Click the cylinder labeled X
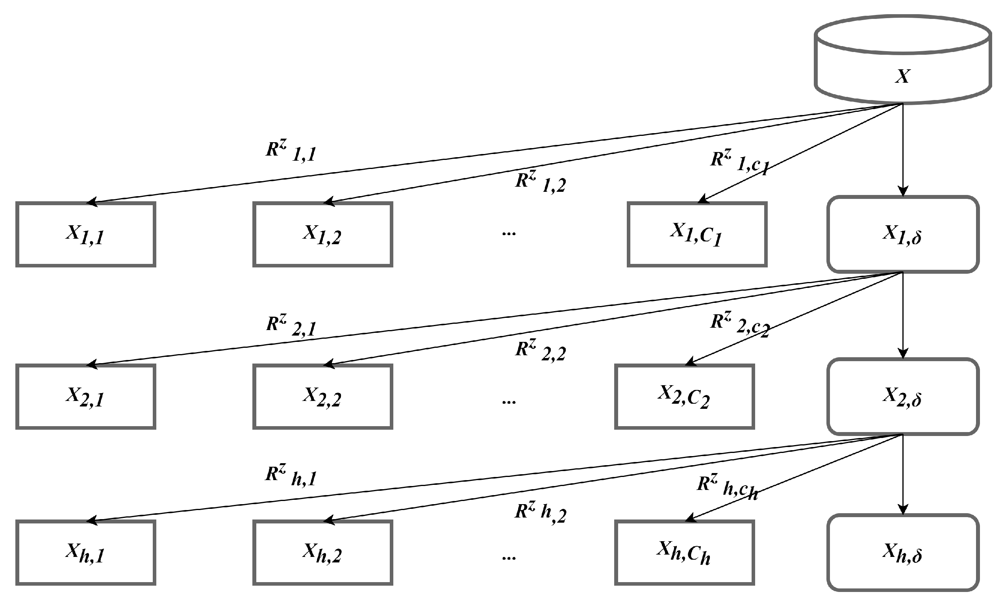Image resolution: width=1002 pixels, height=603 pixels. pos(902,61)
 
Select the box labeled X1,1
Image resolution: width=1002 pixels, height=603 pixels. pos(86,234)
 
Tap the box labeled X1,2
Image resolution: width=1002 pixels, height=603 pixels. pos(322,234)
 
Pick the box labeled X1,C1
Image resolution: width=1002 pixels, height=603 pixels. pos(696,234)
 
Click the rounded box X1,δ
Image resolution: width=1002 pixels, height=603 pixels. pos(902,234)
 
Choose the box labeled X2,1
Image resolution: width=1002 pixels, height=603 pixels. pos(86,397)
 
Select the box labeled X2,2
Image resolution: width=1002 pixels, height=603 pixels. pos(322,397)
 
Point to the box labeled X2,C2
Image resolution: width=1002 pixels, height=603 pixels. pos(684,397)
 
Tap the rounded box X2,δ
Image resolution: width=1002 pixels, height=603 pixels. pos(902,397)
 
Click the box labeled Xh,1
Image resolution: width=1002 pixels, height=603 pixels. pos(86,553)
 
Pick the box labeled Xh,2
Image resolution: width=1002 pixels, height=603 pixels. pos(322,553)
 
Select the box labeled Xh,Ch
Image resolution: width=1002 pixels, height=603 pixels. pos(684,553)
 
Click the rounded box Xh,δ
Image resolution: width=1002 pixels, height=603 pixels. pos(902,553)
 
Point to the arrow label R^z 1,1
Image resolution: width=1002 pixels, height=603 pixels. pos(291,151)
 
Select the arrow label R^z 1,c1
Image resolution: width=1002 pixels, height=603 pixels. pos(739,162)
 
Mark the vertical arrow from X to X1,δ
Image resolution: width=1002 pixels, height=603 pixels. pos(902,150)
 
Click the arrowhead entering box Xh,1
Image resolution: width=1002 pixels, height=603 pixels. pos(92,520)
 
